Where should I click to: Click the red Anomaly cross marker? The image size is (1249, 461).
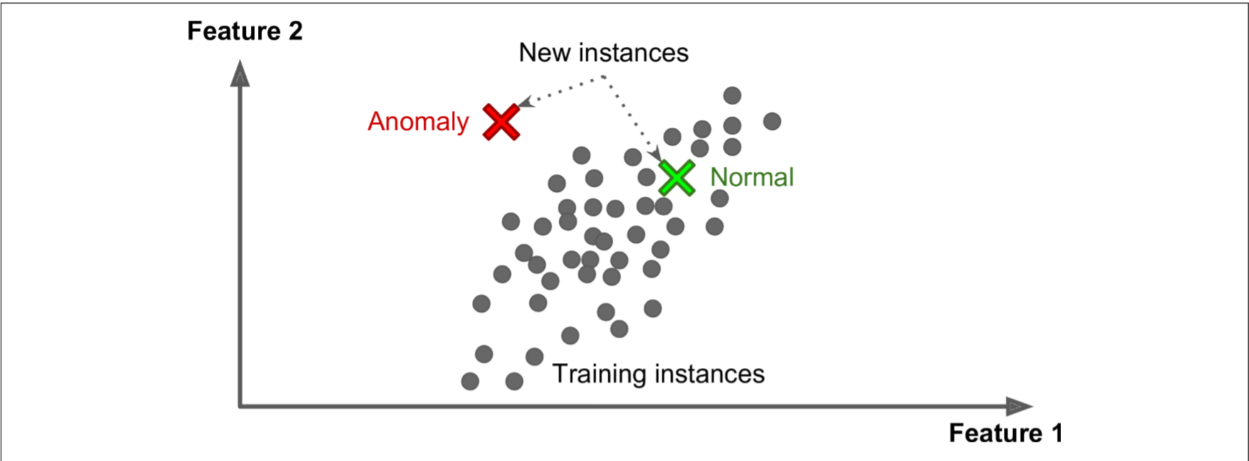(502, 121)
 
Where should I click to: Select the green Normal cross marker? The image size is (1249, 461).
(676, 178)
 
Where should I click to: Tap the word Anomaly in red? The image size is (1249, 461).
(418, 121)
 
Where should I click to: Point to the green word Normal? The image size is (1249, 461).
(752, 177)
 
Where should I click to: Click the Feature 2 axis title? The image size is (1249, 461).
(244, 31)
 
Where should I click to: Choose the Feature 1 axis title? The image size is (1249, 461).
(1005, 433)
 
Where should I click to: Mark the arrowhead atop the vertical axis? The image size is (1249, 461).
(240, 74)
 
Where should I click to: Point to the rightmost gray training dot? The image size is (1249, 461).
(772, 121)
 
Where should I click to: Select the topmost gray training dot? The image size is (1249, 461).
(732, 95)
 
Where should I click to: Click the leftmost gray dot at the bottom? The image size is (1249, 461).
(470, 381)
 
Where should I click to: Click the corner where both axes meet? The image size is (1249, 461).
(240, 406)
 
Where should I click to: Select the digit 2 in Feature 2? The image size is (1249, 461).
(295, 31)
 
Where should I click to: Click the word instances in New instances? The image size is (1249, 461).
(633, 53)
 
